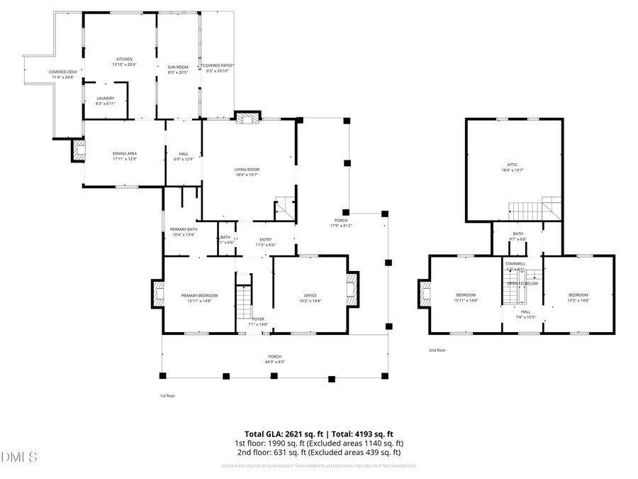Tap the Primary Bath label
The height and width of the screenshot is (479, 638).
[x=183, y=231]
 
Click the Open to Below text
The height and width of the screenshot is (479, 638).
[x=522, y=283]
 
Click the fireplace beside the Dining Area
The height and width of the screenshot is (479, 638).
[x=77, y=150]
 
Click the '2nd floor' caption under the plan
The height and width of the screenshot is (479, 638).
[x=437, y=350]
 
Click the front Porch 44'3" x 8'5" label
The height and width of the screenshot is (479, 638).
[x=274, y=359]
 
